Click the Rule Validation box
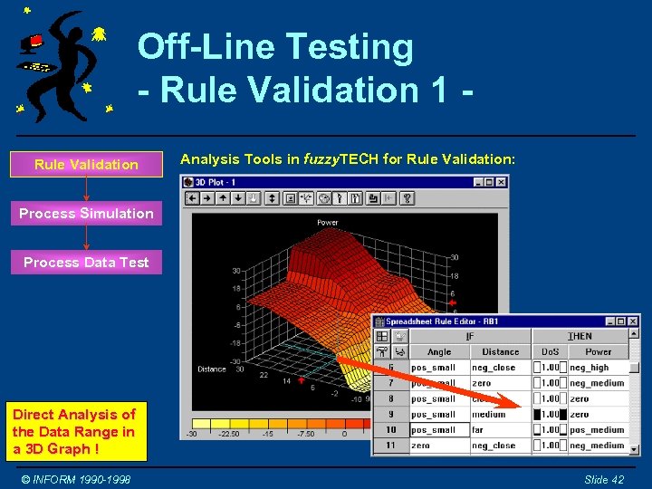(x=86, y=164)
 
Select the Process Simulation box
(x=86, y=214)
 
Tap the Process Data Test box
(x=86, y=263)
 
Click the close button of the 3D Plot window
(x=501, y=182)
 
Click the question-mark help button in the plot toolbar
(x=407, y=198)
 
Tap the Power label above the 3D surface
(x=328, y=223)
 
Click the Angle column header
(x=439, y=351)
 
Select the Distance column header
(x=500, y=351)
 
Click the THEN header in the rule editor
(x=580, y=336)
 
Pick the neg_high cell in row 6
(x=590, y=368)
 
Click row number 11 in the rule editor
(x=390, y=446)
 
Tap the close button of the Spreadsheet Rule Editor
(x=633, y=321)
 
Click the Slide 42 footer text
(x=604, y=479)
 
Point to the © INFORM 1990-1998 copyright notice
(x=77, y=479)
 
